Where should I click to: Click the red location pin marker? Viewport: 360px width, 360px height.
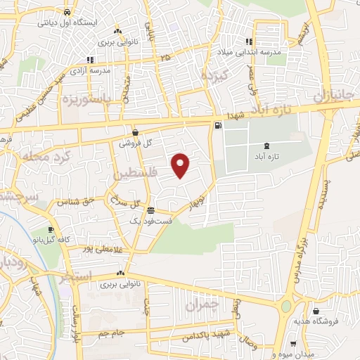tap(181, 165)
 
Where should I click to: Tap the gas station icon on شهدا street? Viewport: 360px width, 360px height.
tap(218, 126)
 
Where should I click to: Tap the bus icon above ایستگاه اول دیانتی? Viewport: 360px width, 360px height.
tap(66, 12)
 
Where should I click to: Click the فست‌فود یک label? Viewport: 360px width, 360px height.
tap(148, 221)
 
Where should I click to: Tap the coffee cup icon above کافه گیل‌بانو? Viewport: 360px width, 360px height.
tap(51, 230)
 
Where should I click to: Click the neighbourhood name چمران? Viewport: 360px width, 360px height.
tap(204, 305)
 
